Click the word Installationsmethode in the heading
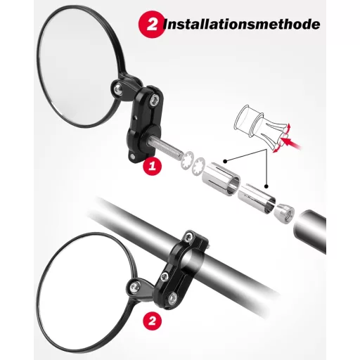click(241, 25)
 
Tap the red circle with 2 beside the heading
click(152, 25)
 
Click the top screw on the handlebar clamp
click(192, 239)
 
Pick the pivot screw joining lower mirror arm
click(136, 285)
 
